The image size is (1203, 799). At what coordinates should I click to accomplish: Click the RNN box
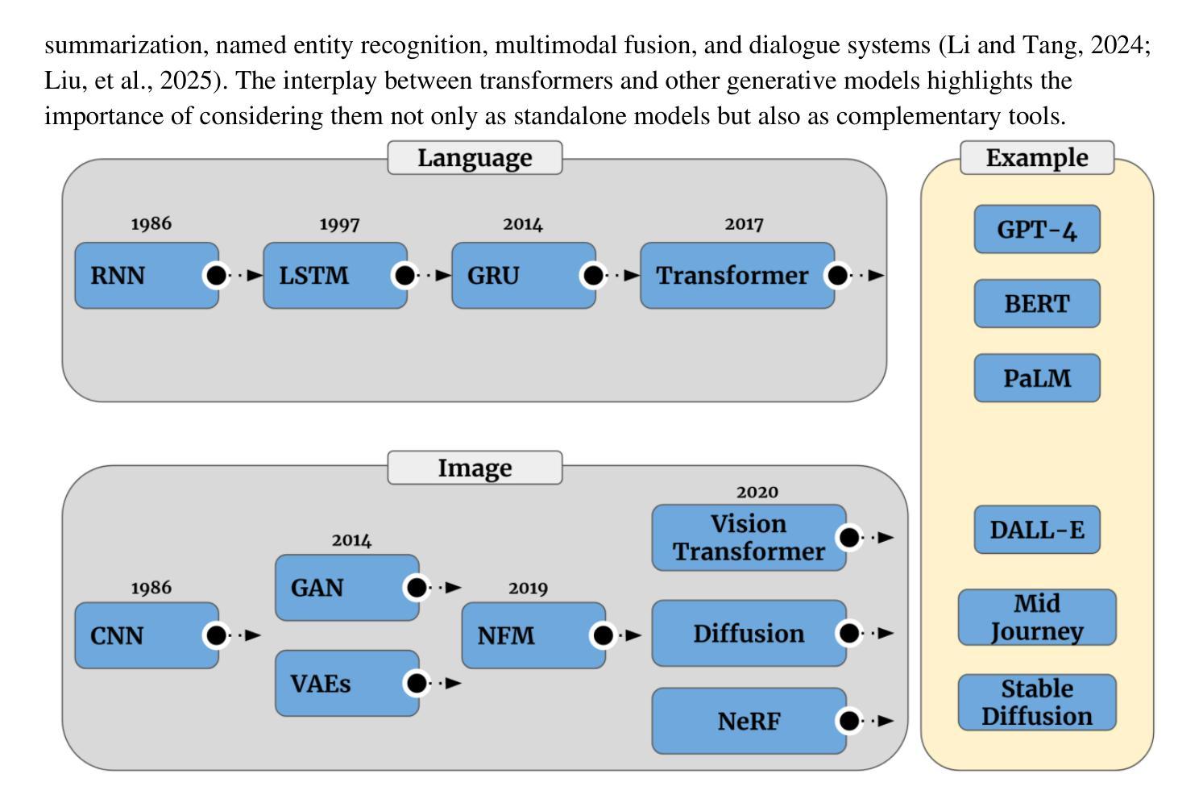(x=147, y=275)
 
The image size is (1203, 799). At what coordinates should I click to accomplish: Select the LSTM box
(x=335, y=275)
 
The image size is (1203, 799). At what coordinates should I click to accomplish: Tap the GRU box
(x=524, y=275)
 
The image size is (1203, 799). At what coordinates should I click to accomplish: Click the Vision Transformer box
(x=749, y=537)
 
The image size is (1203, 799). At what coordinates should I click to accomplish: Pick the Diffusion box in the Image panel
(x=749, y=633)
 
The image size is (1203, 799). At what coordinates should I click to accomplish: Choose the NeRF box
(x=749, y=721)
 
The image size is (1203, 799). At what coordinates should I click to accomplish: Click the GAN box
(x=347, y=587)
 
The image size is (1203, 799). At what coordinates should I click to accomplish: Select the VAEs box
(x=347, y=683)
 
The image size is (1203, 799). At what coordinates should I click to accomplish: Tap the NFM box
(x=534, y=635)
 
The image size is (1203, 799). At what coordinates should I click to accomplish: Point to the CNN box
(x=147, y=635)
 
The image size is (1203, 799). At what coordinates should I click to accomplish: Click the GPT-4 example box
(x=1037, y=229)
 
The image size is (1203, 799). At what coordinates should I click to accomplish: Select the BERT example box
(x=1037, y=303)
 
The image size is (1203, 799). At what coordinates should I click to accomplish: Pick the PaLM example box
(x=1037, y=378)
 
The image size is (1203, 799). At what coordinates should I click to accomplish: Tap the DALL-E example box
(x=1037, y=529)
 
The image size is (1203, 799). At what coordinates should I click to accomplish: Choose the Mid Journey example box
(x=1037, y=617)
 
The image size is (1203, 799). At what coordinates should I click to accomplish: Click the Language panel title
(x=475, y=157)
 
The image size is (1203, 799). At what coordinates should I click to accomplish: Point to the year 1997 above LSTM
(x=339, y=224)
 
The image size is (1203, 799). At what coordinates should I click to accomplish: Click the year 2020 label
(x=757, y=492)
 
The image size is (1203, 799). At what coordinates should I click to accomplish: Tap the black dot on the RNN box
(x=217, y=275)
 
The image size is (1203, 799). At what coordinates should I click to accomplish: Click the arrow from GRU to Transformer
(x=622, y=276)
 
